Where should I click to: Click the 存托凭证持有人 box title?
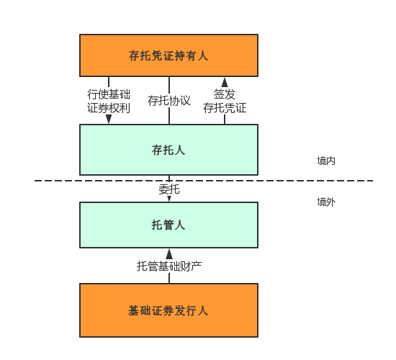(168, 55)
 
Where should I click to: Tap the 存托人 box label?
(168, 150)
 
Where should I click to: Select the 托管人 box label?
(168, 225)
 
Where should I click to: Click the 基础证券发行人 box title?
(168, 310)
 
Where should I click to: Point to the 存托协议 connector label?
(169, 101)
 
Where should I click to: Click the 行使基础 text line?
(109, 94)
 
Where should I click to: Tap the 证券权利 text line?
(109, 108)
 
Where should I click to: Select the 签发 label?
(225, 94)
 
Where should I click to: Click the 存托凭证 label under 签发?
(225, 108)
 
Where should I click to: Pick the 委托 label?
(169, 189)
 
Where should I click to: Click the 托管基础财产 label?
(169, 266)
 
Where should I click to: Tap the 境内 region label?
(326, 161)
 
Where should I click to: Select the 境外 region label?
(326, 202)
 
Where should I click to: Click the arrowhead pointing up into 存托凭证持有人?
(225, 82)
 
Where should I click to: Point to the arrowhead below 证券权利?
(109, 119)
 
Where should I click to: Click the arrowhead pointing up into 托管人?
(169, 254)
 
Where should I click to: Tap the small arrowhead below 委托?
(169, 199)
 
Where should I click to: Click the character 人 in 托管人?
(180, 225)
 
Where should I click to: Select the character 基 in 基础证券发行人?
(134, 310)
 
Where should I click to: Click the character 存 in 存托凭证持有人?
(134, 55)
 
